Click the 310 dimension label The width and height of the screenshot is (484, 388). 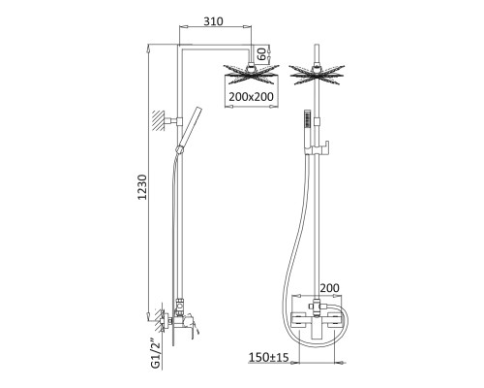213,21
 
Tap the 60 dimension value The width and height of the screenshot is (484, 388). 262,54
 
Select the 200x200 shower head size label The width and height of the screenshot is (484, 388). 251,96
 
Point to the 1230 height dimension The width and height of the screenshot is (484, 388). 142,187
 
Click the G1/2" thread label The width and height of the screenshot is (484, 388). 156,353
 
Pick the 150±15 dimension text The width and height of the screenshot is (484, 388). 268,357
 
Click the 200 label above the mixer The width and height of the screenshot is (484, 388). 329,287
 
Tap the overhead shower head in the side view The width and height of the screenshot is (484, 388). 252,74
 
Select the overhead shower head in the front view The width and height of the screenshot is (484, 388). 318,75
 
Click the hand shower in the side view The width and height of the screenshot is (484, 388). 188,130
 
